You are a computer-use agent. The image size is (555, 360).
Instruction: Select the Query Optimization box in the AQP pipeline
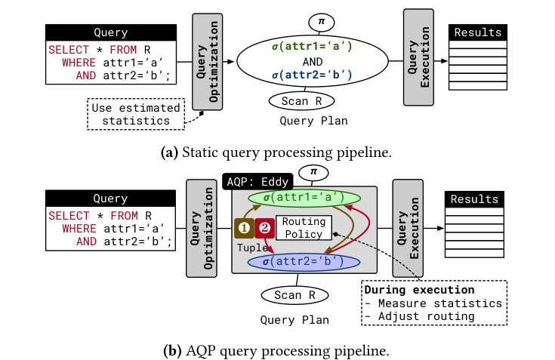[x=203, y=226]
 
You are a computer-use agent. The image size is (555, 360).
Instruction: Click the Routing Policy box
[x=304, y=228]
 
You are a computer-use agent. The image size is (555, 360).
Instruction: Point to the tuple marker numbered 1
[x=244, y=227]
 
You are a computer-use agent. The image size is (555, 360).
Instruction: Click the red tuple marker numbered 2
[x=265, y=227]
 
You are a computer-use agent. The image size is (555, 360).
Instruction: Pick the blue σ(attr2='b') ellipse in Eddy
[x=304, y=262]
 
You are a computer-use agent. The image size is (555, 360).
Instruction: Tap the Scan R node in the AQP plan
[x=293, y=295]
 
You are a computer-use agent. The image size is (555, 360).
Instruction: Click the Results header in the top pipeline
[x=476, y=32]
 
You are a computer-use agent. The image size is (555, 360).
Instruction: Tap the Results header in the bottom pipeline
[x=474, y=199]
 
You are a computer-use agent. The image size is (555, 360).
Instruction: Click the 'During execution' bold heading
[x=407, y=290]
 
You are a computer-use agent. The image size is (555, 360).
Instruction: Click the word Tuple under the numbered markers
[x=252, y=247]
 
